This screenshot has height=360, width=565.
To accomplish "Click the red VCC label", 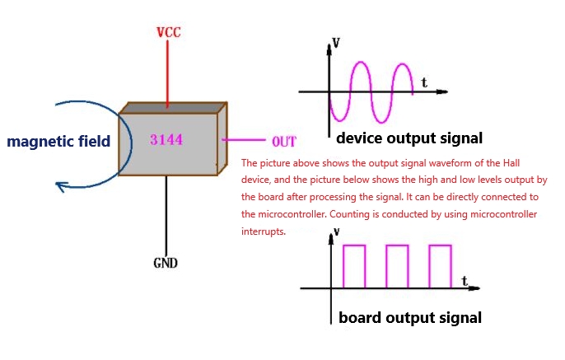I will tap(168, 33).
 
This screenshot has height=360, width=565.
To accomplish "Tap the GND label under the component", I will tap(166, 264).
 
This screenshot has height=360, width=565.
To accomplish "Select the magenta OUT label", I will tap(283, 142).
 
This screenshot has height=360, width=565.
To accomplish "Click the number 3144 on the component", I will tap(166, 140).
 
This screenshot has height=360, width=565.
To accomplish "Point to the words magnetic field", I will tap(58, 141).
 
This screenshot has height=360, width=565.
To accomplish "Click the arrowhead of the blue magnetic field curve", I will tap(60, 185).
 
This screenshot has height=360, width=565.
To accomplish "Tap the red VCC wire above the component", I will tap(167, 74).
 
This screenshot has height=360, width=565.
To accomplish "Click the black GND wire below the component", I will tap(167, 214).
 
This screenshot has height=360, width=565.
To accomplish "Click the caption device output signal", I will tap(409, 138).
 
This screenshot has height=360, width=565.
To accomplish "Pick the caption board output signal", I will tap(410, 317).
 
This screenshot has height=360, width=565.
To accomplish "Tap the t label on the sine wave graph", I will tap(423, 82).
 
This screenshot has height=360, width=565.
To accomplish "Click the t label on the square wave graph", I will tap(465, 281).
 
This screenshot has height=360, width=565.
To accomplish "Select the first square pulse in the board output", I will tap(354, 265).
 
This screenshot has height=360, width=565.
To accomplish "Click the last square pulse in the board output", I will tap(440, 265).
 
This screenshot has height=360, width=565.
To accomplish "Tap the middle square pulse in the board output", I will tap(397, 265).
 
